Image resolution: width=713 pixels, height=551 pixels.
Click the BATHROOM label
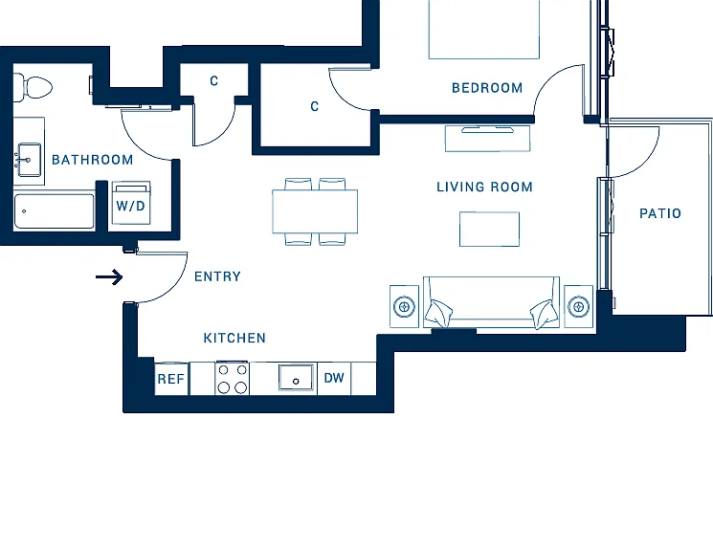tap(92, 160)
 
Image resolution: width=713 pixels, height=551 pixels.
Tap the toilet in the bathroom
tap(33, 87)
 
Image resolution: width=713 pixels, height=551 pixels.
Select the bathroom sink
tap(29, 160)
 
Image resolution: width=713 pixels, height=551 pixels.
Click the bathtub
tap(55, 211)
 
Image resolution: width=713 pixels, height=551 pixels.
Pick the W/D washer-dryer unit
tap(131, 203)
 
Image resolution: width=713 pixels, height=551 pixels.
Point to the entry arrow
tap(109, 276)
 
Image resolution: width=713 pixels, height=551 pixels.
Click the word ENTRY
tap(217, 276)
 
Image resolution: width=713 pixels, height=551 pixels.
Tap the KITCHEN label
tap(234, 338)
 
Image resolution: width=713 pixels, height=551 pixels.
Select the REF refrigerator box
tap(171, 379)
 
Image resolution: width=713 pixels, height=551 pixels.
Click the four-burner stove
tap(232, 378)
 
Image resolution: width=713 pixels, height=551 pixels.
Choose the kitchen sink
tap(296, 377)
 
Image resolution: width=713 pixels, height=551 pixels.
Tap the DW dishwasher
tap(334, 378)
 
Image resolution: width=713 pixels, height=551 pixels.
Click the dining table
tap(315, 211)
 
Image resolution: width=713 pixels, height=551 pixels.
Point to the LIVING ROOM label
tap(484, 187)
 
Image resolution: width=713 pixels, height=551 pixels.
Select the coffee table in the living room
tap(489, 230)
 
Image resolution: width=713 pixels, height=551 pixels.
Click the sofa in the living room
tap(491, 302)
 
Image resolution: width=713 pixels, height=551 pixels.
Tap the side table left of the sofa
tap(404, 306)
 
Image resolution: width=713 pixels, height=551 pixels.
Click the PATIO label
tap(660, 213)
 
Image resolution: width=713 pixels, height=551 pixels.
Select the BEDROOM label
tap(487, 88)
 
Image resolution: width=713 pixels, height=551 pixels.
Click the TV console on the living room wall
tap(488, 138)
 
